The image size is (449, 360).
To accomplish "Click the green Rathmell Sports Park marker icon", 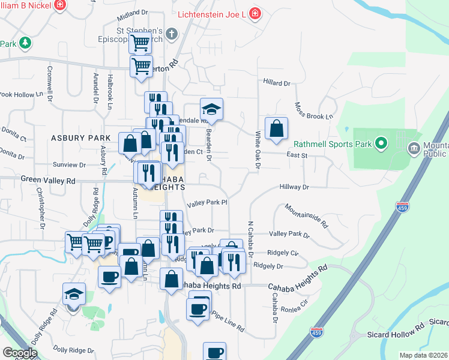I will (x=380, y=143).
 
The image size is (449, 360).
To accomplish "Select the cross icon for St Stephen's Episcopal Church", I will (x=172, y=33).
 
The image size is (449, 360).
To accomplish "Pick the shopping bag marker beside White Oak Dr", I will (x=276, y=128).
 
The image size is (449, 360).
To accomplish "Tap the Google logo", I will (x=20, y=353).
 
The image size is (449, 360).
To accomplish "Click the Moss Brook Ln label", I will (x=313, y=110).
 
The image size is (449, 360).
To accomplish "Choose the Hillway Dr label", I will (x=294, y=187).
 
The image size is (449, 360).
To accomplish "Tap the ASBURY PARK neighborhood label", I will (x=80, y=137).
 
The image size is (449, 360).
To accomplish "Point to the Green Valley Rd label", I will (x=48, y=179).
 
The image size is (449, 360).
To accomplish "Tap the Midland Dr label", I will (x=133, y=12).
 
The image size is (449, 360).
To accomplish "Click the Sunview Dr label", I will (x=70, y=164).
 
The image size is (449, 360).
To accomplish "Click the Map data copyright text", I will (x=423, y=355).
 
